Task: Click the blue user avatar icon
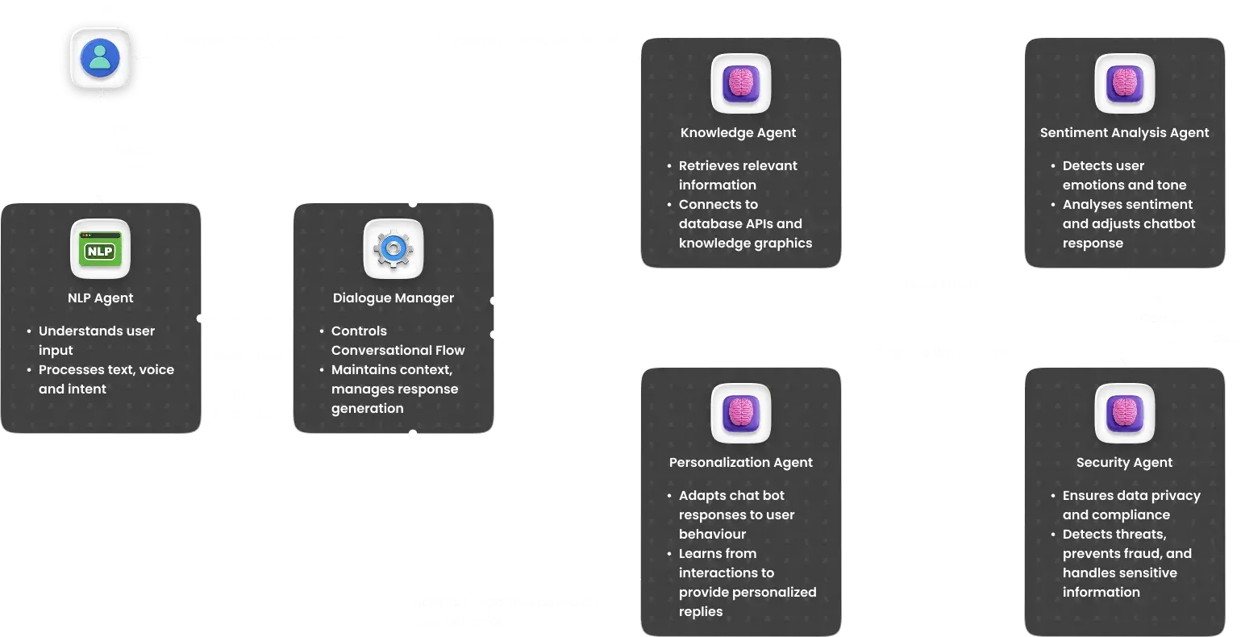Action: tap(100, 58)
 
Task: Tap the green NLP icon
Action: tap(100, 250)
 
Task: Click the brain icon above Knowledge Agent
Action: tap(740, 84)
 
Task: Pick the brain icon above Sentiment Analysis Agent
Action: tap(1124, 84)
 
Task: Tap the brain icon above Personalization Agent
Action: tap(740, 414)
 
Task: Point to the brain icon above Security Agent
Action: tap(1124, 414)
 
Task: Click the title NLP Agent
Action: tap(100, 298)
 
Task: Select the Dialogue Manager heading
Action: tap(393, 298)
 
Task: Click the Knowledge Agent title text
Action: tap(738, 133)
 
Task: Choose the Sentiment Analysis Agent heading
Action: tap(1124, 133)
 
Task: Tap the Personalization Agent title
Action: tap(740, 463)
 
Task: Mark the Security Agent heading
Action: tap(1124, 463)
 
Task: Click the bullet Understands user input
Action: tap(96, 340)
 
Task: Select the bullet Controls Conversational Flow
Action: tap(398, 340)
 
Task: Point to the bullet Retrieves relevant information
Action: tap(737, 175)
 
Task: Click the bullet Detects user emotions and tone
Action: tap(1113, 175)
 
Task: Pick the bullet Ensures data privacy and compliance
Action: tap(1131, 505)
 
